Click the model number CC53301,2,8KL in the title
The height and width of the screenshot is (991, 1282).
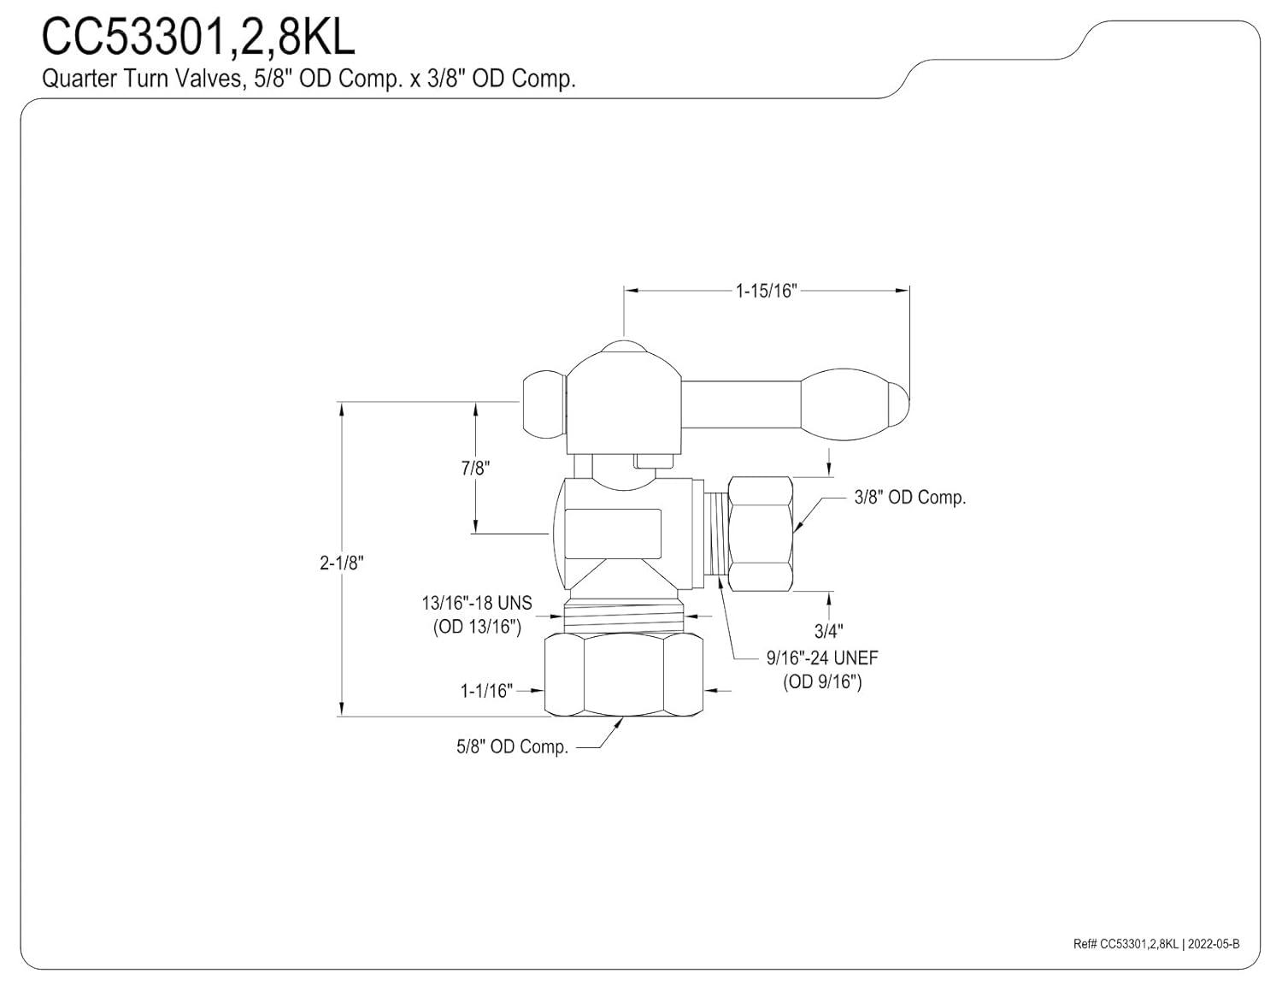point(198,38)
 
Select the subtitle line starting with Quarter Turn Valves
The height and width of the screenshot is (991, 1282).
point(309,79)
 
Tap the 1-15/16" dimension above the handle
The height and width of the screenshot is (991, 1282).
point(766,291)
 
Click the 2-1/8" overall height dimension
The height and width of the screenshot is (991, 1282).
point(342,563)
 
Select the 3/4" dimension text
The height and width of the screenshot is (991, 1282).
point(828,631)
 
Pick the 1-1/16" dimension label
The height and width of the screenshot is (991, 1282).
point(486,691)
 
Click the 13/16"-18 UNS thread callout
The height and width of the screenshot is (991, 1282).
point(476,603)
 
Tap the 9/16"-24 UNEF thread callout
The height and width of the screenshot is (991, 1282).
point(822,658)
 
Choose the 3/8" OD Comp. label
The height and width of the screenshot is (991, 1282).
point(909,498)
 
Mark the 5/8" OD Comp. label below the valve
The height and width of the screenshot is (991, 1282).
point(512,747)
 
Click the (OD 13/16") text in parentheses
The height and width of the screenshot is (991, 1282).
point(476,627)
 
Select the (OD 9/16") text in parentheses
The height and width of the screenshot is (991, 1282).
point(822,682)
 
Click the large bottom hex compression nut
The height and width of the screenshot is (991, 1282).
point(623,674)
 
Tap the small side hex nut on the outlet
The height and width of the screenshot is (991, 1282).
point(759,532)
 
